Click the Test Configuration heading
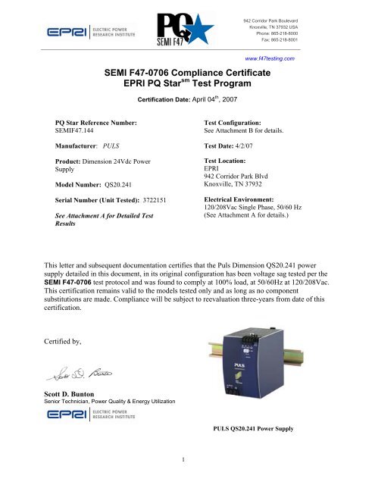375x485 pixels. pyautogui.click(x=242, y=120)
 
